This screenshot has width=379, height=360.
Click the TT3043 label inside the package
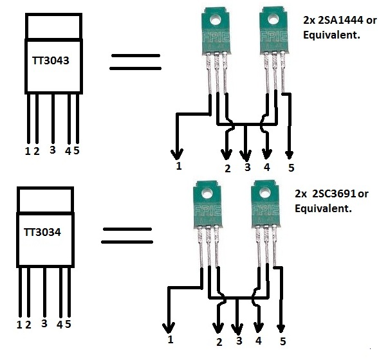pyautogui.click(x=51, y=60)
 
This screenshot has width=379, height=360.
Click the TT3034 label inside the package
pyautogui.click(x=42, y=232)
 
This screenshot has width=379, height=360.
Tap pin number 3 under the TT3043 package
pyautogui.click(x=53, y=150)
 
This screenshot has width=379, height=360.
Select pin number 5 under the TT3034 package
pyautogui.click(x=68, y=324)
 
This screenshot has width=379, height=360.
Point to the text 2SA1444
pyautogui.click(x=340, y=21)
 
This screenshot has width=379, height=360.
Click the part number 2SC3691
pyautogui.click(x=334, y=194)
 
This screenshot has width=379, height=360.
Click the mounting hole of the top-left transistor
pyautogui.click(x=216, y=19)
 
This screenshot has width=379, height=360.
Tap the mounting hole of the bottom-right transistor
pyautogui.click(x=265, y=193)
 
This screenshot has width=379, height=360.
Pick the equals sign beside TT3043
pyautogui.click(x=135, y=62)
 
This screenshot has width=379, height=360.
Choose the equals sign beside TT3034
pyautogui.click(x=127, y=235)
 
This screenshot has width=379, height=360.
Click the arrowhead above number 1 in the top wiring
pyautogui.click(x=177, y=154)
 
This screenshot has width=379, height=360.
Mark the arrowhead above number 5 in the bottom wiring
pyautogui.click(x=281, y=328)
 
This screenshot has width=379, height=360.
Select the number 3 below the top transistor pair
pyautogui.click(x=247, y=167)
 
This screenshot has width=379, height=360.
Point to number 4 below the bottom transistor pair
pyautogui.click(x=259, y=341)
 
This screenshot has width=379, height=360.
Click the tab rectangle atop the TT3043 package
pyautogui.click(x=53, y=26)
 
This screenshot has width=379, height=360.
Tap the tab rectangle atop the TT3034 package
pyautogui.click(x=45, y=199)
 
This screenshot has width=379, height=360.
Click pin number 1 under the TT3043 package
pyautogui.click(x=28, y=151)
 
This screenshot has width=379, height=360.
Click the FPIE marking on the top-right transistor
pyautogui.click(x=274, y=37)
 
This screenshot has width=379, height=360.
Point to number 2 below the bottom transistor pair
pyautogui.click(x=219, y=342)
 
